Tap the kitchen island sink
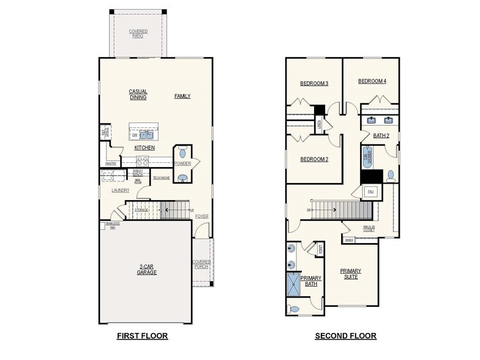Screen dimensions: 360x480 (146, 135)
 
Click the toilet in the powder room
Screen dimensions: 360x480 (182, 153)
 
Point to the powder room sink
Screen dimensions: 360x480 (182, 178)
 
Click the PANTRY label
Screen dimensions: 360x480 (111, 163)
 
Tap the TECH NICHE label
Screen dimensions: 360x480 (162, 178)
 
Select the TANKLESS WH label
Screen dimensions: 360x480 (112, 225)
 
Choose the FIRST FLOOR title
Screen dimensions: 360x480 (142, 336)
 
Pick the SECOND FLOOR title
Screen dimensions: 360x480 (345, 336)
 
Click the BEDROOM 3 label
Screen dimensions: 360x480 (314, 83)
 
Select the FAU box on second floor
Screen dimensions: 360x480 (370, 192)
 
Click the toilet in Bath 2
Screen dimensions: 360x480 (390, 176)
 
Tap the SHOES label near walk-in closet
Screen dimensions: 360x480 (349, 240)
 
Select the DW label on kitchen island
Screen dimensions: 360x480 (134, 135)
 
